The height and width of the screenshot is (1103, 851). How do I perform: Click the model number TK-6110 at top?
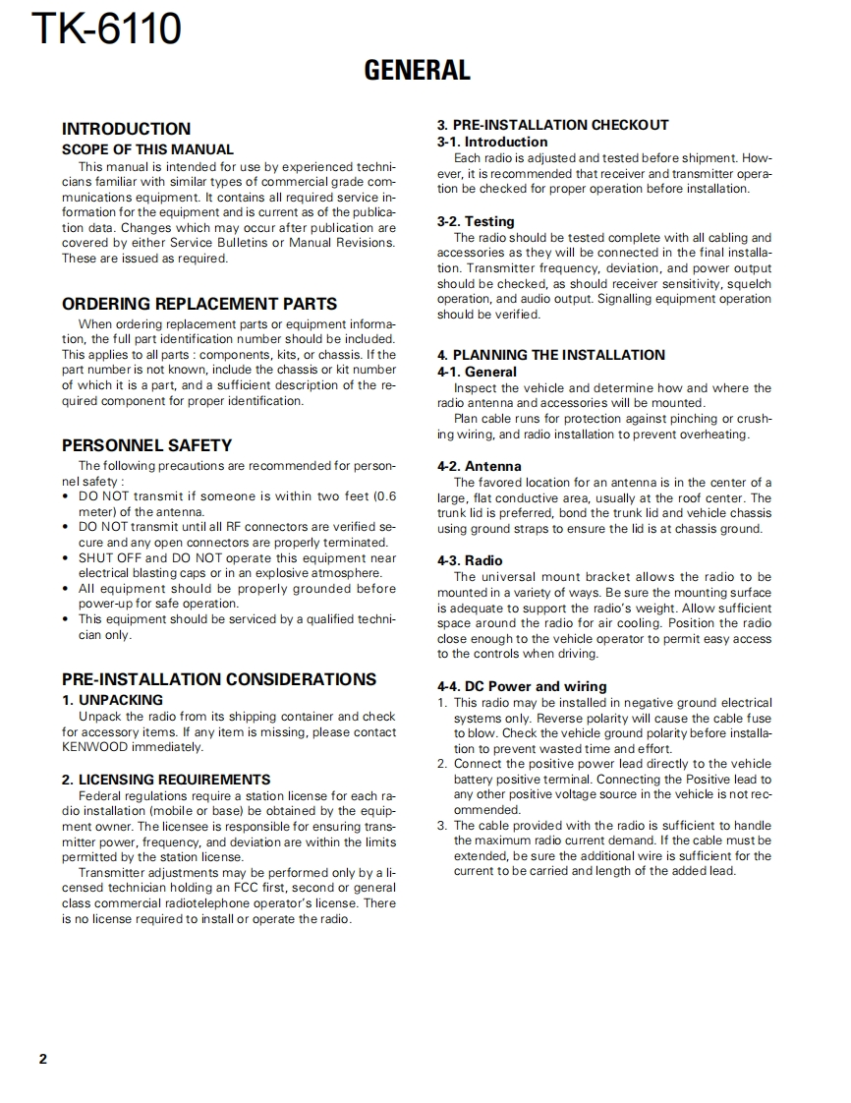click(106, 29)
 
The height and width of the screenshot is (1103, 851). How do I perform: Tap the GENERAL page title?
click(417, 70)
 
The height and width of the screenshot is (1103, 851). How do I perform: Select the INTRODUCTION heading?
click(126, 129)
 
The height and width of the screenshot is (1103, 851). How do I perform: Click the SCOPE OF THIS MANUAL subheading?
click(147, 149)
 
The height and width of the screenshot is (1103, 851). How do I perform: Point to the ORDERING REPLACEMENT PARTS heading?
click(199, 304)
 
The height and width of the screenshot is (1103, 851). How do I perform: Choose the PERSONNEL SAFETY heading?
click(146, 444)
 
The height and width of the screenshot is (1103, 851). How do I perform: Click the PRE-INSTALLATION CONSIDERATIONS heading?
click(218, 679)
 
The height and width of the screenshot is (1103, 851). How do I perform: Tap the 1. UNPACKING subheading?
click(112, 700)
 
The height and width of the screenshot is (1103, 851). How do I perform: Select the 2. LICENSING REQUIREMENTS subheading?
click(166, 780)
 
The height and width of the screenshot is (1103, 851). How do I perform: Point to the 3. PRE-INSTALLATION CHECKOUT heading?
click(552, 125)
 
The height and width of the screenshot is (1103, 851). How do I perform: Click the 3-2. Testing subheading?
click(476, 221)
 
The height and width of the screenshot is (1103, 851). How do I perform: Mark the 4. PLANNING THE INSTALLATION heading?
click(550, 355)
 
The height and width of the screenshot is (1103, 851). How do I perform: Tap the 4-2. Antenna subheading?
click(480, 466)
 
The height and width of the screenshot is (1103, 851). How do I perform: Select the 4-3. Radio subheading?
click(470, 560)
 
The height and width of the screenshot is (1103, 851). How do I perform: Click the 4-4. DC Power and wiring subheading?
click(522, 686)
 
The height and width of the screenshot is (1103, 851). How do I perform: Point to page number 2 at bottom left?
click(42, 1059)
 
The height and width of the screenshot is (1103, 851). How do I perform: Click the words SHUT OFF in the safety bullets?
click(109, 558)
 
